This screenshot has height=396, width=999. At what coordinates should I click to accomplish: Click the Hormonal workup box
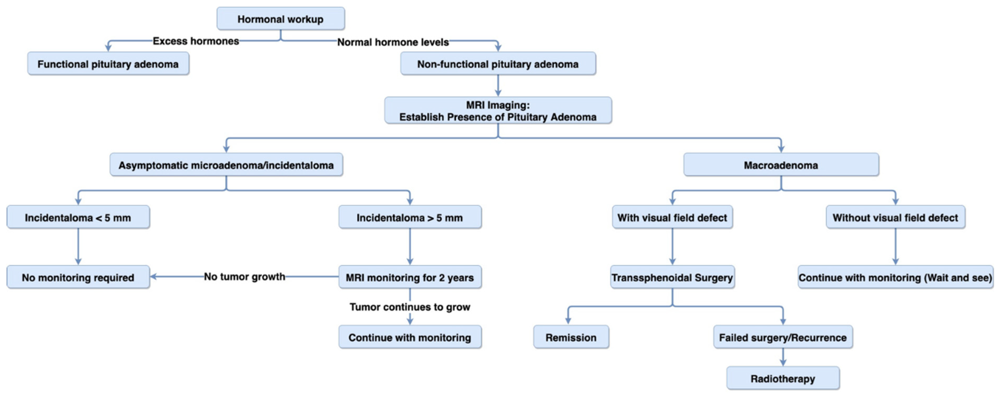click(x=280, y=19)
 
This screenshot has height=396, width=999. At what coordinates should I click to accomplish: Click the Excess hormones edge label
click(x=196, y=41)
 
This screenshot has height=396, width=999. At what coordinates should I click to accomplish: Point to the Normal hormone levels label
click(x=393, y=42)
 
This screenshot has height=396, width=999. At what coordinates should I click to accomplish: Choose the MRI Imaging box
click(x=498, y=111)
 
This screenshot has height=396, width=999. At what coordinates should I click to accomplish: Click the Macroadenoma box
click(x=781, y=165)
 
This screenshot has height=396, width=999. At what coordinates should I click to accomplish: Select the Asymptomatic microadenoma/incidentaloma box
click(x=226, y=165)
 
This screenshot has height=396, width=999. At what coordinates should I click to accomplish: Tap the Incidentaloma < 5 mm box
click(x=78, y=217)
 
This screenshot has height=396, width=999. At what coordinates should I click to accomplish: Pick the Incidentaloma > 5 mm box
click(x=410, y=217)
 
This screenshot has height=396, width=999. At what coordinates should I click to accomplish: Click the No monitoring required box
click(x=78, y=277)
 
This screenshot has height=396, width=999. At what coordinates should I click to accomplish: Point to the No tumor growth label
click(x=244, y=276)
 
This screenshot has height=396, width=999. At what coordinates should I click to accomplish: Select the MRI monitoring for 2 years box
click(x=410, y=277)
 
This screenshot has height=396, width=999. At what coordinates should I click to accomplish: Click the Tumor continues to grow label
click(x=410, y=307)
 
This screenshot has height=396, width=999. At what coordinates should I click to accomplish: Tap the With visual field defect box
click(x=672, y=217)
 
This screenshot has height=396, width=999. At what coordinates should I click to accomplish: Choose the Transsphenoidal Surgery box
click(x=672, y=277)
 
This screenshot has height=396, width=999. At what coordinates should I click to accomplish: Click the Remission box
click(x=571, y=337)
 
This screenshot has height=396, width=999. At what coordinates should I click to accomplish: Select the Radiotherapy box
click(x=782, y=378)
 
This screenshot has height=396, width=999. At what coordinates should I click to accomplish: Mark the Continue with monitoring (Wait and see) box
click(x=895, y=277)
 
